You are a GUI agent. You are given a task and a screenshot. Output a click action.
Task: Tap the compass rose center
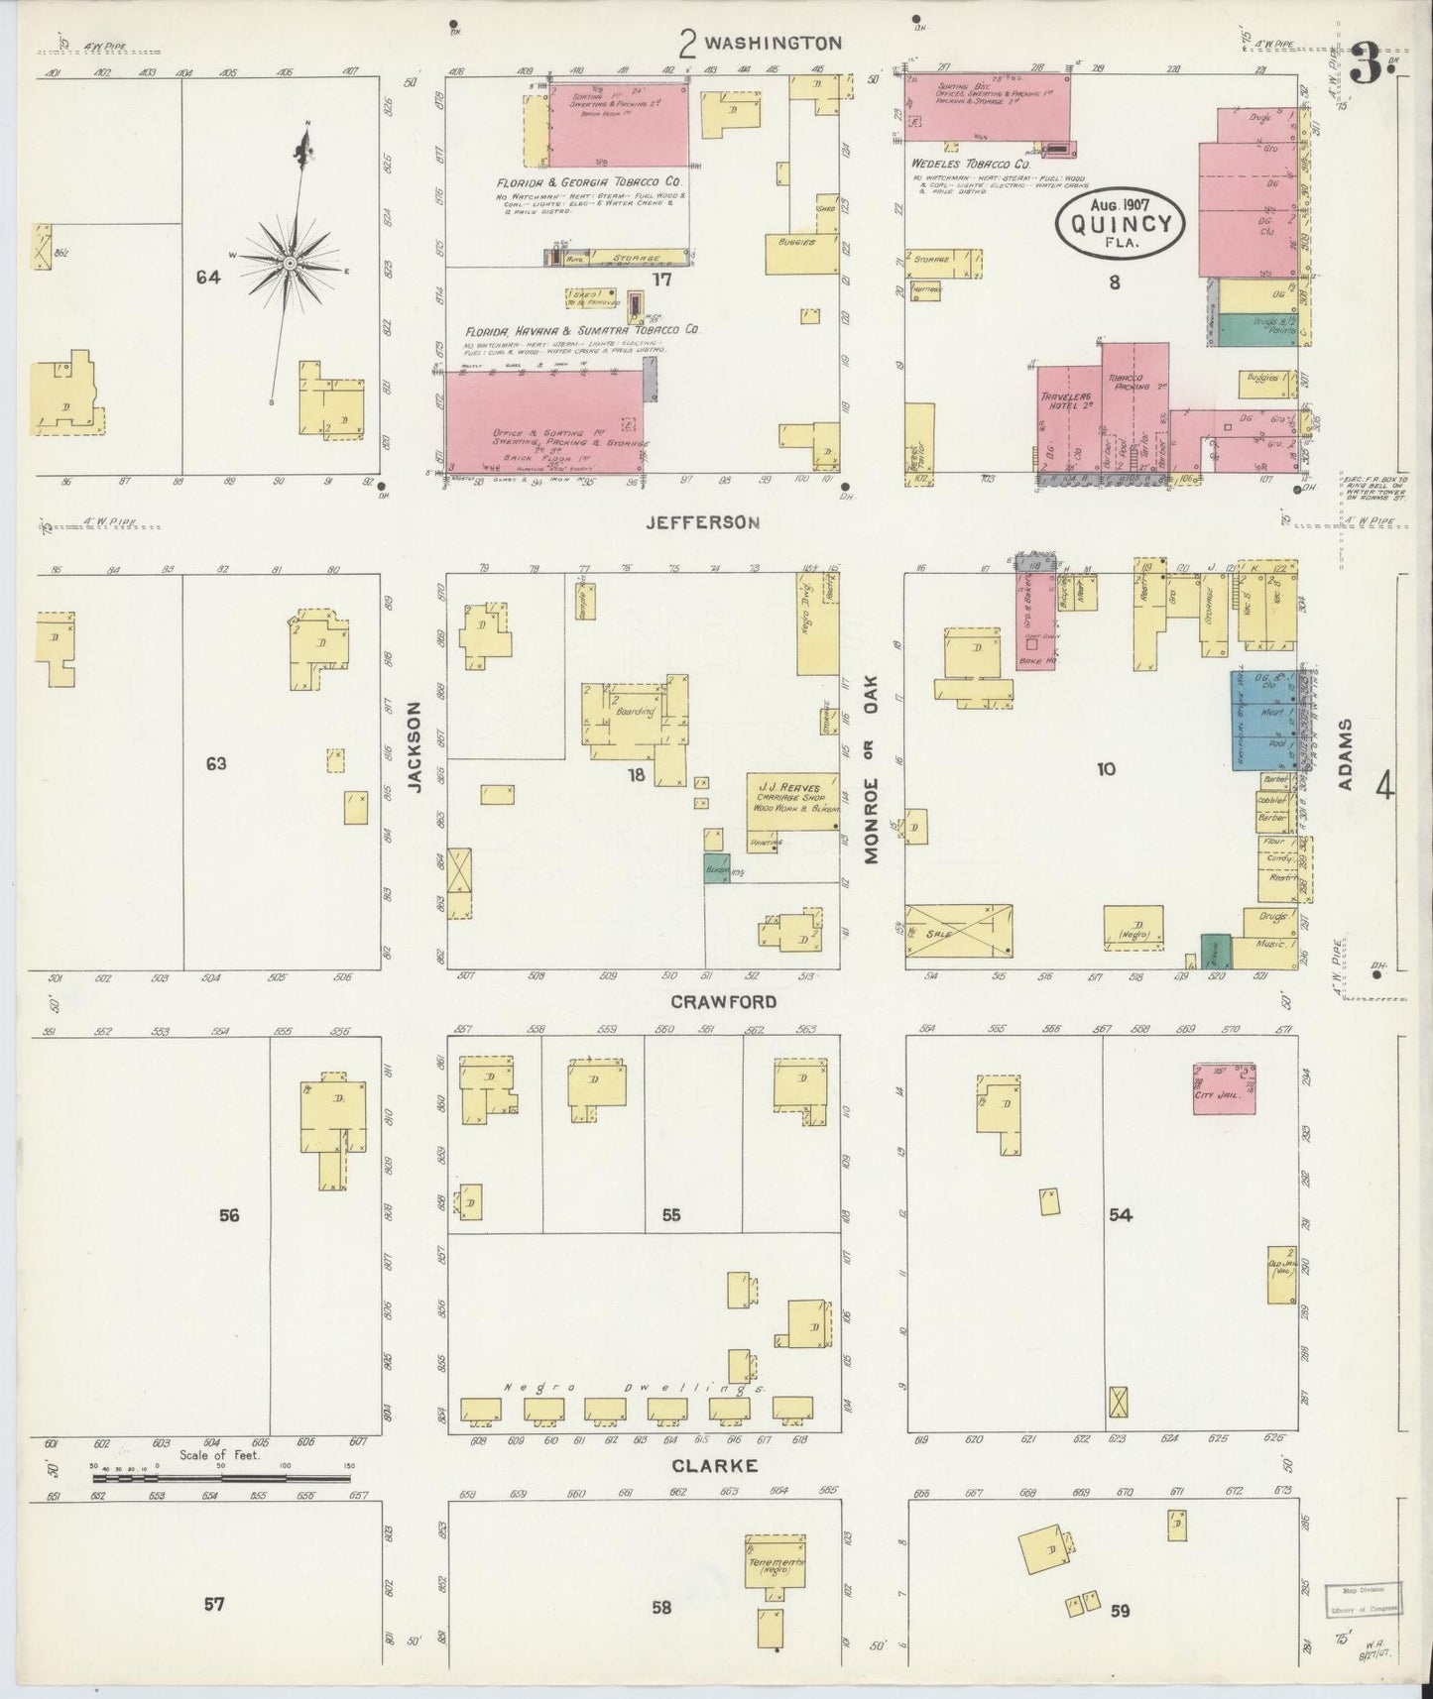(289, 263)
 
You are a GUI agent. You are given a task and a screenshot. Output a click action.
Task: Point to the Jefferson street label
(702, 521)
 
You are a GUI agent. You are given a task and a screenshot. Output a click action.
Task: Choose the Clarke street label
(715, 1465)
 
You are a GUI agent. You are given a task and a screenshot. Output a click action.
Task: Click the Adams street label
(1346, 754)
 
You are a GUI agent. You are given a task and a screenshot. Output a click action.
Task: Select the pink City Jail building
(1225, 1088)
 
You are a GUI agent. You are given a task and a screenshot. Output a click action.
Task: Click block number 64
(207, 279)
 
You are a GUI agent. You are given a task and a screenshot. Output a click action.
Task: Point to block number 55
(670, 1215)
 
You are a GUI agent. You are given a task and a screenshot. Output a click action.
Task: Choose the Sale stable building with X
(959, 933)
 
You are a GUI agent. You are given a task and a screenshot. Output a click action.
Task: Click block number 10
(1105, 768)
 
